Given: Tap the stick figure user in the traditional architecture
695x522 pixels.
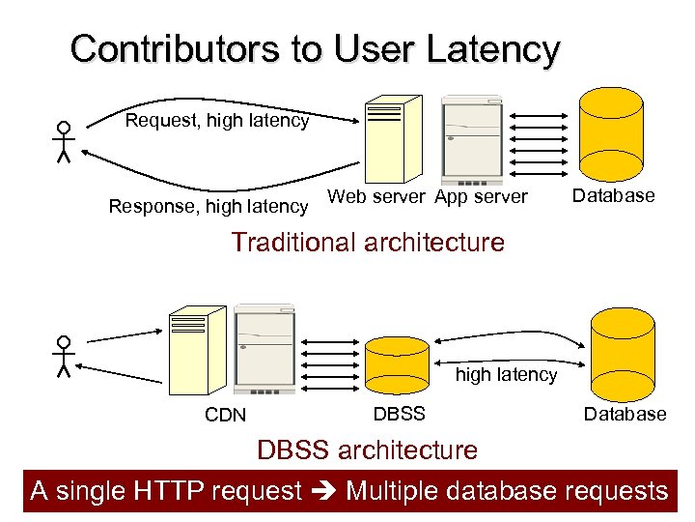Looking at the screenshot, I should (64, 141).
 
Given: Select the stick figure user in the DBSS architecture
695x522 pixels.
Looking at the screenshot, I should (64, 356).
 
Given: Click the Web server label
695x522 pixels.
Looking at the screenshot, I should (375, 197).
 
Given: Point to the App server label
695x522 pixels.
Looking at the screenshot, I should (481, 197).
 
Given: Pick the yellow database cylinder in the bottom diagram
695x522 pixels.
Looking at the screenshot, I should (623, 353).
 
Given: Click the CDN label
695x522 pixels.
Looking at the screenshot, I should (225, 416).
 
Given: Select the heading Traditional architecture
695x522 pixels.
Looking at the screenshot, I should (367, 242).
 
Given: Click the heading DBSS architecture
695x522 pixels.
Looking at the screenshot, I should (367, 449).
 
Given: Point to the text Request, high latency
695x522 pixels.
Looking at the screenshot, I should (217, 121).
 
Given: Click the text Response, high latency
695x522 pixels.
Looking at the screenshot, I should (208, 206).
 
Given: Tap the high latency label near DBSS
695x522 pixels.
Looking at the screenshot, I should (506, 375).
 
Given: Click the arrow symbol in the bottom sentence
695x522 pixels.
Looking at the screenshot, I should (324, 491).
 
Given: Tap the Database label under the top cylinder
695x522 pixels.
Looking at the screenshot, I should (613, 195).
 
